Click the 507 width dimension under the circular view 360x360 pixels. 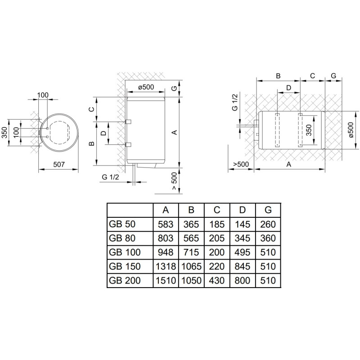(x=58, y=165)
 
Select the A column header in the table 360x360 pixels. (x=166, y=210)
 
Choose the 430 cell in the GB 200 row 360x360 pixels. (x=217, y=281)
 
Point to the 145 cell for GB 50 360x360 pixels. (x=243, y=224)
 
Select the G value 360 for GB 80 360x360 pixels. (x=268, y=238)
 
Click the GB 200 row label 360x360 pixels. (x=125, y=281)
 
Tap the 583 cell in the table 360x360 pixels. (x=166, y=224)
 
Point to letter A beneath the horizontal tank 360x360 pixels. (x=289, y=165)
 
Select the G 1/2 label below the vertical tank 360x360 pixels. (x=111, y=177)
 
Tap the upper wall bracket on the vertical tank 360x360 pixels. (x=128, y=121)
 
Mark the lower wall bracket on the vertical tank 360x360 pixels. (x=128, y=144)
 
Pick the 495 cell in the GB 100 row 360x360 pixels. (x=243, y=252)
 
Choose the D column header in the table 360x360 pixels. (x=243, y=210)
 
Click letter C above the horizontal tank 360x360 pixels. (x=312, y=76)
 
